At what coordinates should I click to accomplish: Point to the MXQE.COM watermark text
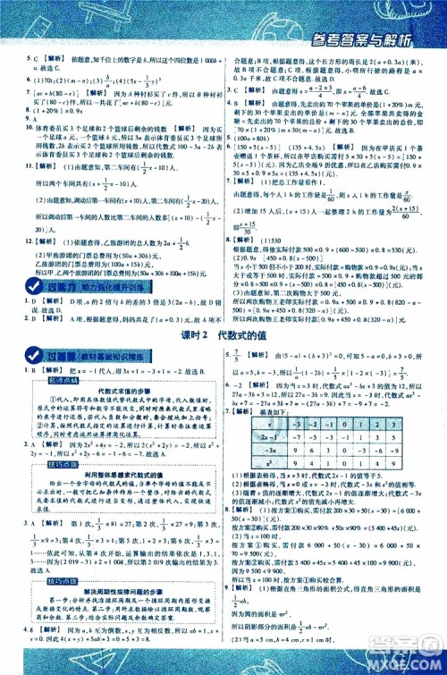pos(408,665)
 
